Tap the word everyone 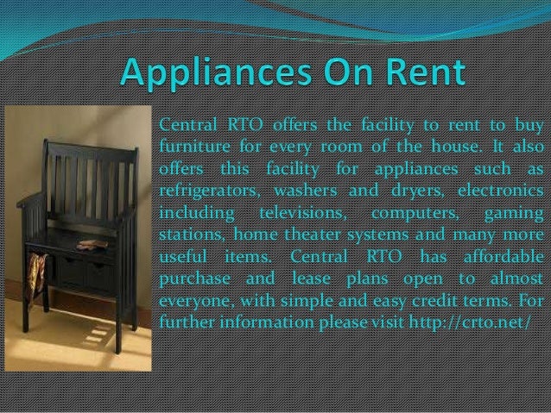pyautogui.click(x=193, y=301)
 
